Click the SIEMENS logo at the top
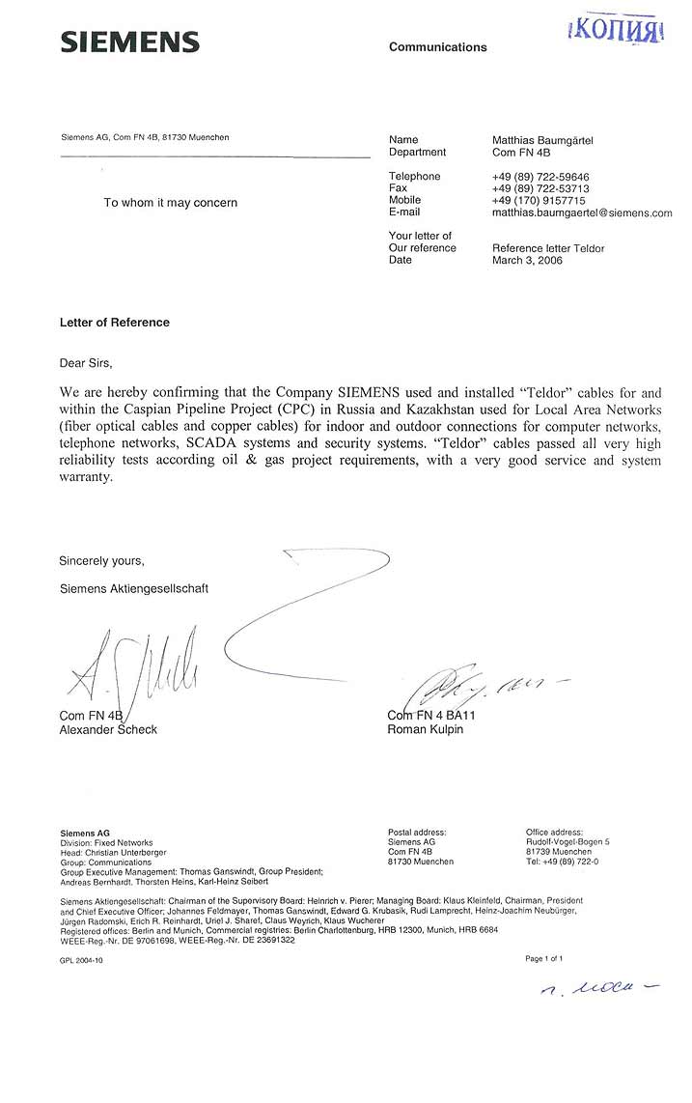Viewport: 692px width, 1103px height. click(x=129, y=42)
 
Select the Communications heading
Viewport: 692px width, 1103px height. click(x=437, y=47)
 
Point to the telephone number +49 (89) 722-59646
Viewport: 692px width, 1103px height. click(x=540, y=176)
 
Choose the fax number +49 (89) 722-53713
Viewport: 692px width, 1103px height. click(x=540, y=188)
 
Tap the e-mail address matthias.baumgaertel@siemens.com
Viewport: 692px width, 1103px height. click(x=581, y=212)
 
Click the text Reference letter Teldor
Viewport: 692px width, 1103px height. click(x=548, y=248)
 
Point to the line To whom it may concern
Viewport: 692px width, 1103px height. click(x=170, y=203)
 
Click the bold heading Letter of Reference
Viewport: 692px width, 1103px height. click(x=114, y=323)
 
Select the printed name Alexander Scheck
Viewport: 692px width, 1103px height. click(x=108, y=729)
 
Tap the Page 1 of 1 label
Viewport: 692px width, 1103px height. click(x=543, y=959)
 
